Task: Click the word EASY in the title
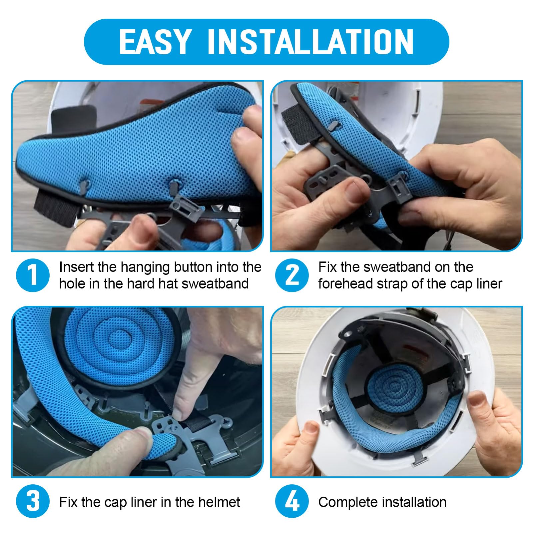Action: click(x=155, y=42)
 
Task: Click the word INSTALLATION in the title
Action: click(x=310, y=42)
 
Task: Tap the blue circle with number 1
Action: click(x=33, y=275)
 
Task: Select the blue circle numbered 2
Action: click(x=292, y=275)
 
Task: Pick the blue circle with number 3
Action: click(x=33, y=501)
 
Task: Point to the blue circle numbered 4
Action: click(x=292, y=501)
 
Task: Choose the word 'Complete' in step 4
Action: click(x=348, y=502)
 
